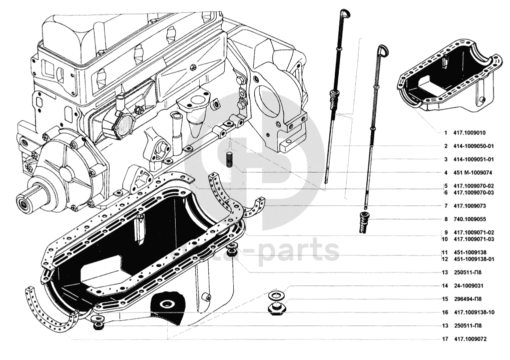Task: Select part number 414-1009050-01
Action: pyautogui.click(x=473, y=146)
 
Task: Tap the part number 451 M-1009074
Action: pyautogui.click(x=473, y=173)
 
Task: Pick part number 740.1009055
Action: pyautogui.click(x=470, y=219)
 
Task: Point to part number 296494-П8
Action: pyautogui.click(x=468, y=299)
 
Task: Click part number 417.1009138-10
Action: pyautogui.click(x=474, y=312)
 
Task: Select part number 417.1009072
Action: pyautogui.click(x=470, y=339)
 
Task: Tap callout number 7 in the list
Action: pyautogui.click(x=445, y=206)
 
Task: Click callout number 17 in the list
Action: pyautogui.click(x=444, y=339)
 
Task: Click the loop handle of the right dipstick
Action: pyautogui.click(x=383, y=50)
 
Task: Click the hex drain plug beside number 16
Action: pyautogui.click(x=275, y=308)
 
